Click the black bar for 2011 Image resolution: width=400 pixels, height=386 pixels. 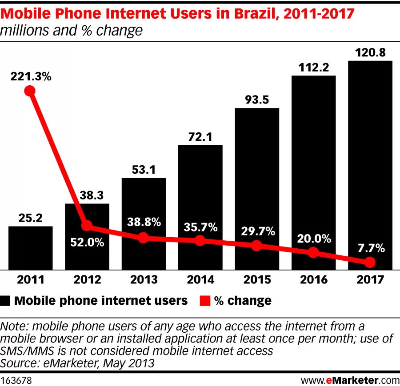[x=31, y=247]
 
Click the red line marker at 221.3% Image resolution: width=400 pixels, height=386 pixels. [x=30, y=91]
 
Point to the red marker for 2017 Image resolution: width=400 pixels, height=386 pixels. [x=370, y=263]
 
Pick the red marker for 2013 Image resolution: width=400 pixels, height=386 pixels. [x=143, y=238]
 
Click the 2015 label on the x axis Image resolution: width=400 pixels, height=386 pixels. [x=256, y=280]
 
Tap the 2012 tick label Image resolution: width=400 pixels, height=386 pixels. [x=87, y=280]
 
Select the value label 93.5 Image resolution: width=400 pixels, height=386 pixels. [x=256, y=100]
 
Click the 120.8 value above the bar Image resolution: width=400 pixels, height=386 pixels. [x=370, y=53]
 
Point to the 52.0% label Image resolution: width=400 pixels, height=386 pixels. [x=87, y=243]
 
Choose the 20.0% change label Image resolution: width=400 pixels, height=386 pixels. [x=313, y=239]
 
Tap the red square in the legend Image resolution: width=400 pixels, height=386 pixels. [x=204, y=301]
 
